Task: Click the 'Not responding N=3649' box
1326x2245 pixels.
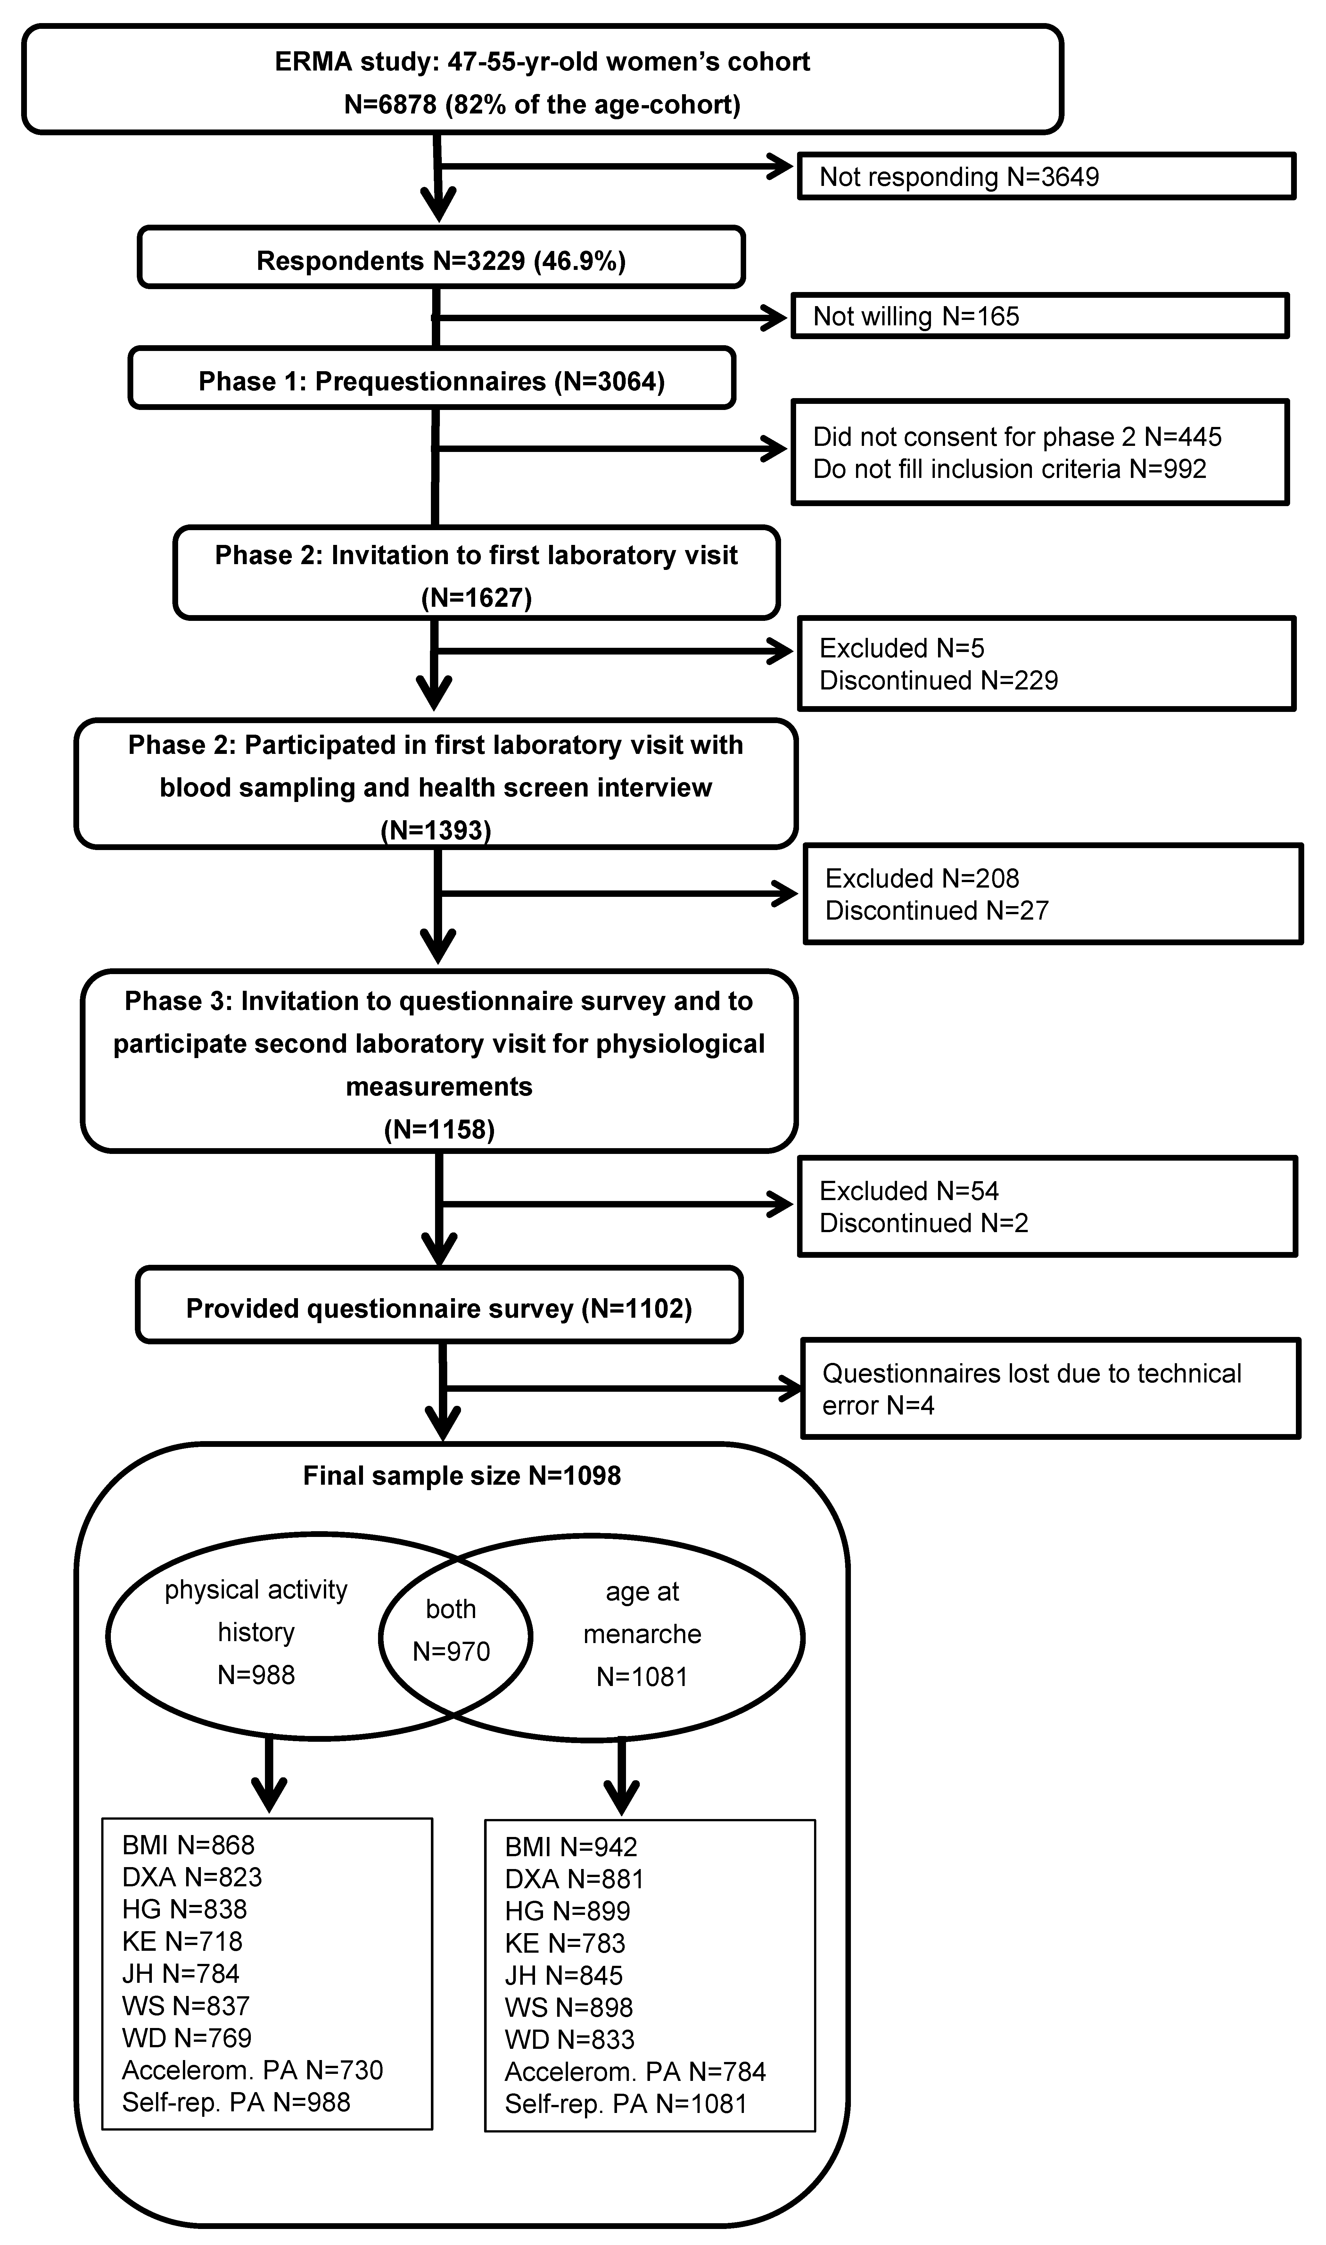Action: coord(1046,176)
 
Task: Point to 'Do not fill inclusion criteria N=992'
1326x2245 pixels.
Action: coord(1010,469)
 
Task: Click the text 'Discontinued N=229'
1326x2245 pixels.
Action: coord(938,680)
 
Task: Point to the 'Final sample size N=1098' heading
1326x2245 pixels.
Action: coord(462,1475)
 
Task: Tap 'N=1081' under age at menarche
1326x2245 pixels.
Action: coord(642,1677)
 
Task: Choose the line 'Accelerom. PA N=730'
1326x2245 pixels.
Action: coord(253,2070)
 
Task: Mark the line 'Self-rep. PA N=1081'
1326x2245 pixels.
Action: coord(625,2104)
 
